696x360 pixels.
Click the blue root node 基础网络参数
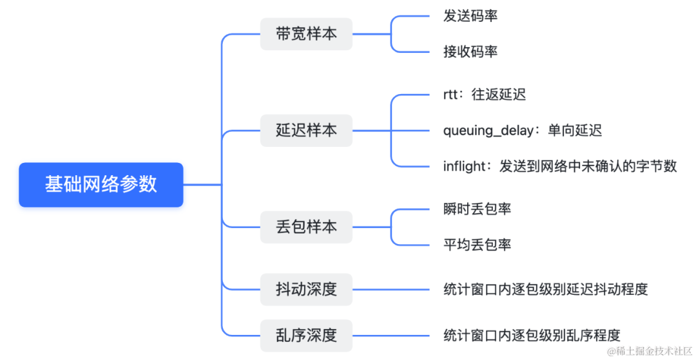pos(101,185)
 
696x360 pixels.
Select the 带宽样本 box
pos(306,34)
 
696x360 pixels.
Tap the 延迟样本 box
pos(306,130)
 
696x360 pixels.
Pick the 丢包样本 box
pos(306,227)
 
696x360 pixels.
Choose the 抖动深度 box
pos(306,289)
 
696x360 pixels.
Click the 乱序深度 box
pos(306,336)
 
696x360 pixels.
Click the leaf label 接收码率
pos(470,52)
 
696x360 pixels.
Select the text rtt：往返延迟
pos(485,95)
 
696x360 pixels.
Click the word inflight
pos(464,166)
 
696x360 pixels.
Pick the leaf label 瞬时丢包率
pos(478,209)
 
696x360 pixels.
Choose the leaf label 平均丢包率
pos(478,244)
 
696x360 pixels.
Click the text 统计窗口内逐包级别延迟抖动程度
pos(545,289)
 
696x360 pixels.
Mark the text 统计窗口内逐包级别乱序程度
pos(532,336)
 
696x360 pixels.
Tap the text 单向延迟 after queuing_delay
pos(575,131)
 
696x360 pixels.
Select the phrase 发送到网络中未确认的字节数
pos(588,166)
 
